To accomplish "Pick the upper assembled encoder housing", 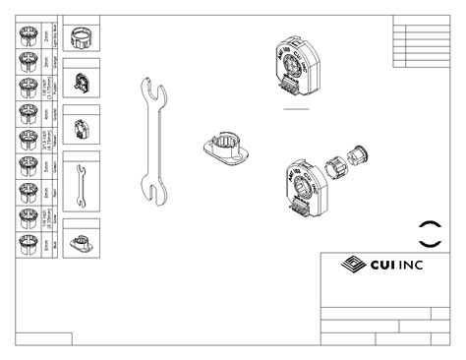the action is (297, 65).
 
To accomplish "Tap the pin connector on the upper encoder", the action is (288, 93).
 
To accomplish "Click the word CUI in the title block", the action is (381, 265).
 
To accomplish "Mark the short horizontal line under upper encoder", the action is (295, 112).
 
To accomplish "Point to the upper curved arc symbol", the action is (430, 221).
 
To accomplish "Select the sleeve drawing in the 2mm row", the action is (27, 36).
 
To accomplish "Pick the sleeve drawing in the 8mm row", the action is (27, 241).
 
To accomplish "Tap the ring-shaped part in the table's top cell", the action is (83, 37).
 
